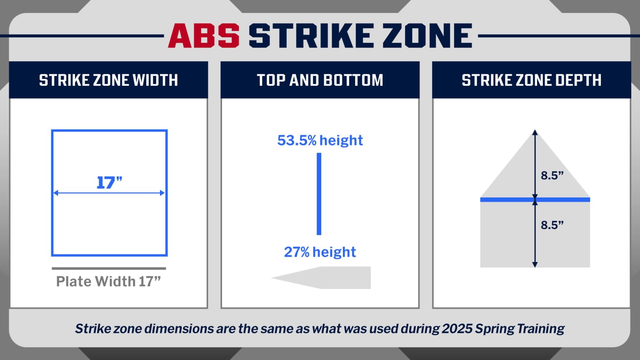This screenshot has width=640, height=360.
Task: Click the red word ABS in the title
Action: tap(203, 36)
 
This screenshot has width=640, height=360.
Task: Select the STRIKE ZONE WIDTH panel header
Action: tap(108, 80)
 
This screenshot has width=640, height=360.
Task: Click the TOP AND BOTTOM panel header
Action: tap(320, 80)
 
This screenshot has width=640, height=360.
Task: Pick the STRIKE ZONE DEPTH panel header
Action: tap(531, 80)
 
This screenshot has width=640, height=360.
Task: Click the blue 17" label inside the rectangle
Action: tap(109, 182)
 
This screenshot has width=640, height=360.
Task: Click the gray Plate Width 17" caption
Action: tap(108, 282)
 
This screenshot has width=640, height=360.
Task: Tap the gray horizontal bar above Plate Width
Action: tap(109, 268)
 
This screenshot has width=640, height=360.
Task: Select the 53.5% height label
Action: tap(320, 140)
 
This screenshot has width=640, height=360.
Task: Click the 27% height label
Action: tap(320, 252)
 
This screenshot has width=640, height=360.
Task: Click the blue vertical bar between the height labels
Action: tap(319, 194)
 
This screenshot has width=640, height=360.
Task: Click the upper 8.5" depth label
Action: tap(552, 175)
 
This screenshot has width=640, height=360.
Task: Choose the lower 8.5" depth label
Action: tap(552, 225)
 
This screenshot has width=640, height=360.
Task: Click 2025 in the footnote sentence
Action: tap(457, 329)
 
